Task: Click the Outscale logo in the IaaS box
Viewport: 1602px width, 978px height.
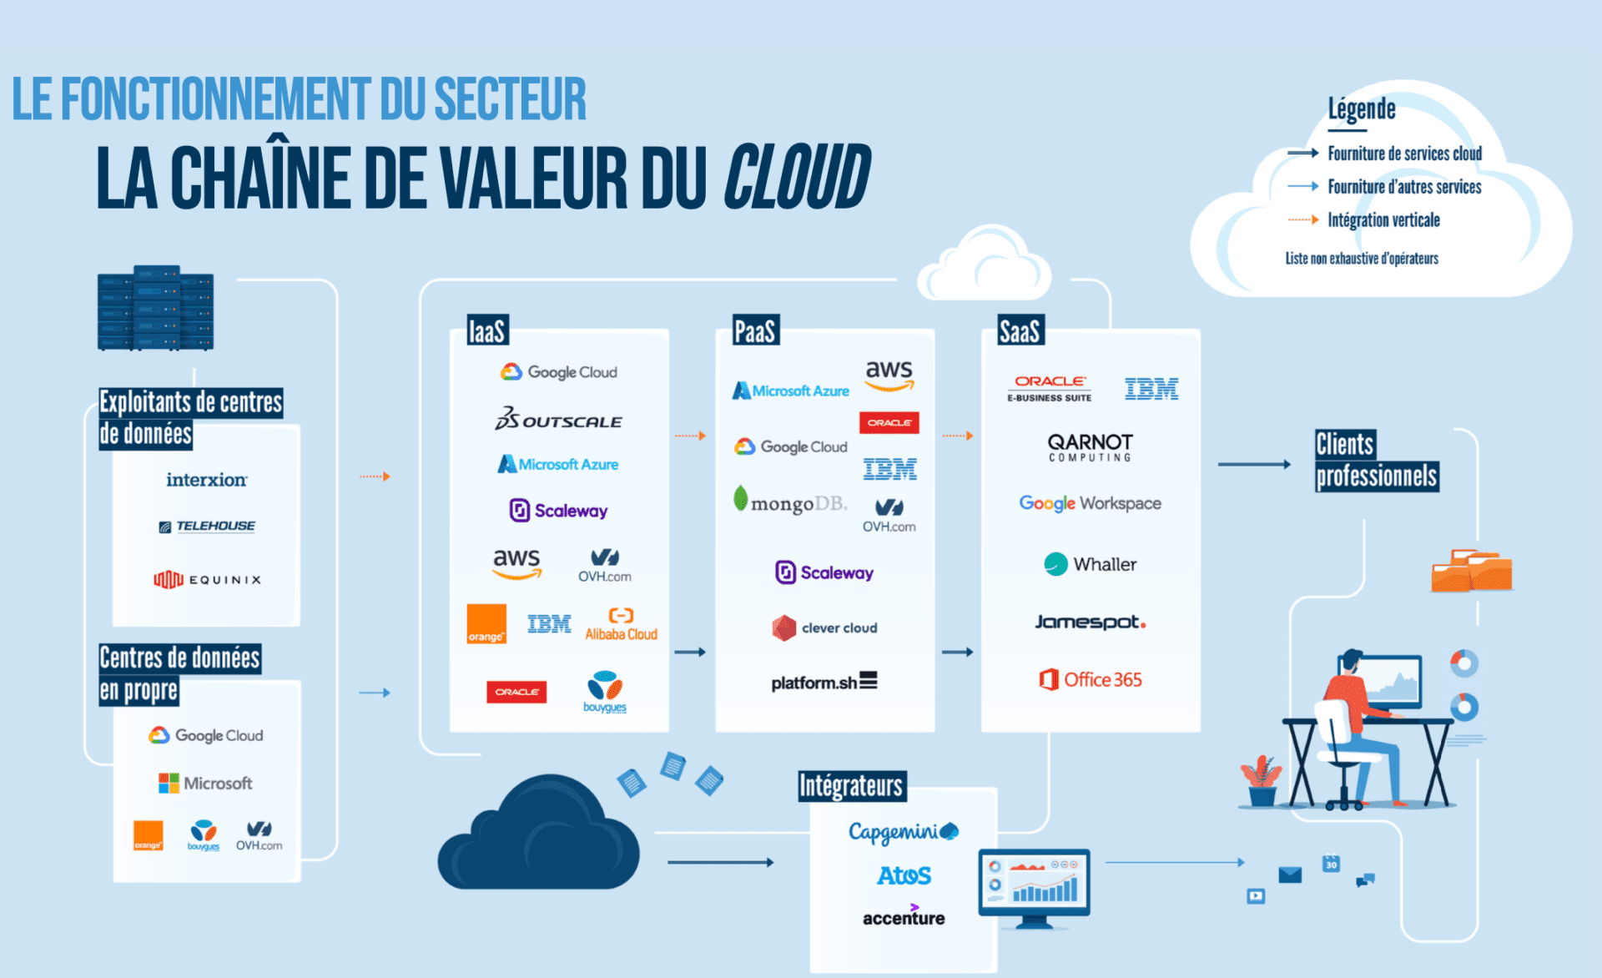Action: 558,419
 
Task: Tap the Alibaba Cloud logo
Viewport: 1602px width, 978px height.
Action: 621,625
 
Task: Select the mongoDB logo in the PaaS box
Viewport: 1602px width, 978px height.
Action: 789,502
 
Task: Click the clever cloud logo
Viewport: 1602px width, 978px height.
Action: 824,628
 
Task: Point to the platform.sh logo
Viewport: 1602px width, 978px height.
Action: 824,682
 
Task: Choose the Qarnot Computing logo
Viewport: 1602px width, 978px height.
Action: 1090,446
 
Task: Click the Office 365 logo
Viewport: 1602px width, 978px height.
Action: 1090,679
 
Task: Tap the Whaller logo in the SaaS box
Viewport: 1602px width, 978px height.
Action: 1090,564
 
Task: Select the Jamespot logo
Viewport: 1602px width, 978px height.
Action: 1090,622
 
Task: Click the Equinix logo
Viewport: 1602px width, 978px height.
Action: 207,579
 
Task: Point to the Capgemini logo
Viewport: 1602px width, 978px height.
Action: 903,831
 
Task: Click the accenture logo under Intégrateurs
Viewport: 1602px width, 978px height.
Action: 903,916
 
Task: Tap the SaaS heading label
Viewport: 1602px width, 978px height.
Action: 1020,331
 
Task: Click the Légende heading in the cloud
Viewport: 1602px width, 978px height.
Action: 1361,108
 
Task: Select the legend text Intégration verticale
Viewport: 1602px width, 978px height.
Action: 1383,220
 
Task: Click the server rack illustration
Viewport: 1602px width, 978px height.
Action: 156,308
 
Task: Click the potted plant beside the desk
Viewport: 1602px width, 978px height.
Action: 1261,781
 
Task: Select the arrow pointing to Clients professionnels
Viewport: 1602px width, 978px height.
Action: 1254,464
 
